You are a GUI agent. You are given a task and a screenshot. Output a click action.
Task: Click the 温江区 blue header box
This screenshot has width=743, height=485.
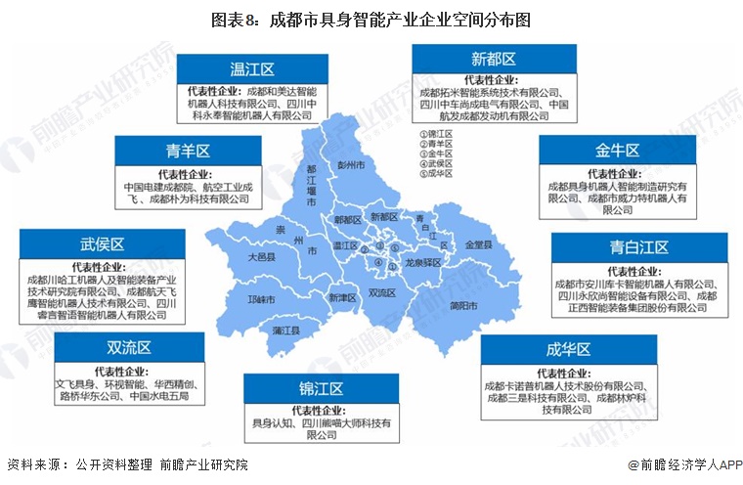coord(251,69)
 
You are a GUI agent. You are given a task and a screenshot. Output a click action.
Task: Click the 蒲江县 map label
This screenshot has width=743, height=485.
coord(286,331)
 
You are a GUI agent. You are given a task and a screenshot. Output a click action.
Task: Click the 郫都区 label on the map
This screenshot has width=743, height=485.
coord(347,221)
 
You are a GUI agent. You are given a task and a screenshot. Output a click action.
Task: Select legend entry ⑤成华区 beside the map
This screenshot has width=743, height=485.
coord(435,174)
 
